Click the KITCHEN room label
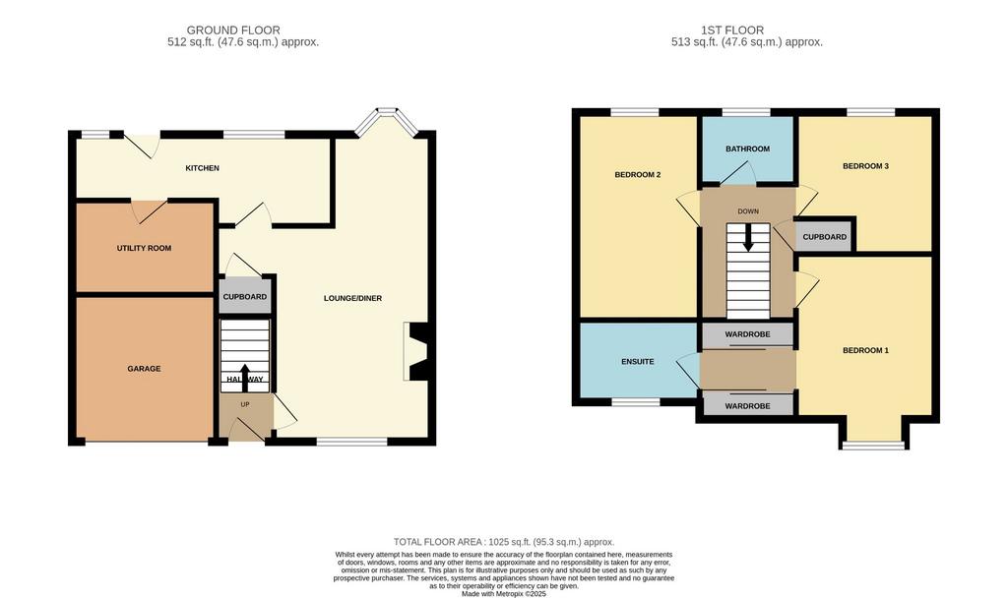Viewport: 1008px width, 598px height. [203, 168]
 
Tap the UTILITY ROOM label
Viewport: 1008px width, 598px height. [144, 248]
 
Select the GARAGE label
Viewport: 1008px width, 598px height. [144, 369]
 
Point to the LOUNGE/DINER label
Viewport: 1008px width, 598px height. [353, 298]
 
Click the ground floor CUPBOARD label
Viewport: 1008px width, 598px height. [245, 297]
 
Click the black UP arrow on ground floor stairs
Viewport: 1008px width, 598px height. [245, 378]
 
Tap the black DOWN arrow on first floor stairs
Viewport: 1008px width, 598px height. [748, 238]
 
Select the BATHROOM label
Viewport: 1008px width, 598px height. [748, 149]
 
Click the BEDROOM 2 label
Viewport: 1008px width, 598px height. [638, 175]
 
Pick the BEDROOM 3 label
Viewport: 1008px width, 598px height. [866, 166]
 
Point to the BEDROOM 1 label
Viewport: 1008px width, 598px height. [866, 351]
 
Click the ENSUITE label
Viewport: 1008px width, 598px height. [638, 362]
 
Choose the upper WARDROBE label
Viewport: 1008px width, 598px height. [748, 334]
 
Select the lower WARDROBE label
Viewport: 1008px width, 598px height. [748, 406]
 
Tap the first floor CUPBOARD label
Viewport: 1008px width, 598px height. [825, 237]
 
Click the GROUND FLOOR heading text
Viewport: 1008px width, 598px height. [233, 30]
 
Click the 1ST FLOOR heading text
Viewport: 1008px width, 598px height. [732, 30]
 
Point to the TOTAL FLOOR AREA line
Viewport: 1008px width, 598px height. [504, 542]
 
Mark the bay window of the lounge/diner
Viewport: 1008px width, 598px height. [387, 122]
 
